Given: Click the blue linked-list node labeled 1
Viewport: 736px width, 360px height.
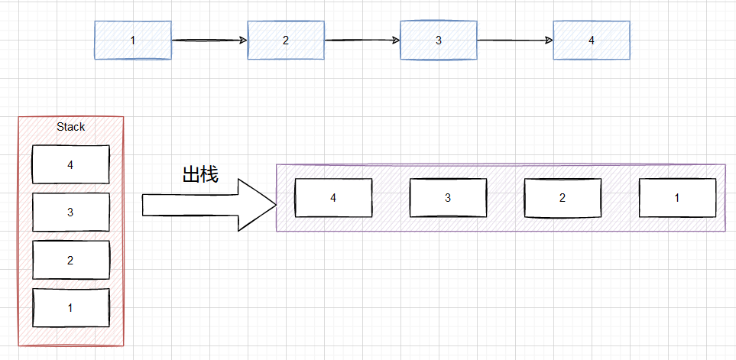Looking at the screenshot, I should (133, 40).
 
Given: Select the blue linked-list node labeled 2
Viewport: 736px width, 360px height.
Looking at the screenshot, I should (286, 40).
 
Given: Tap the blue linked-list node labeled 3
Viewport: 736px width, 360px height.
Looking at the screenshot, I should (439, 40).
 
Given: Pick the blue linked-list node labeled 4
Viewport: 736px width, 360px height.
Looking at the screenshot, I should (592, 40).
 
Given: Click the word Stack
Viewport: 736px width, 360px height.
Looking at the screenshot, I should (70, 127).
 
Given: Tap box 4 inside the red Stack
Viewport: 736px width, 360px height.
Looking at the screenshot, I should (70, 164).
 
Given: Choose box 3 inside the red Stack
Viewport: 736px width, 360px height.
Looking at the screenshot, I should (70, 212).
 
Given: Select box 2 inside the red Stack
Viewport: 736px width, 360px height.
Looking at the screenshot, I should (70, 261).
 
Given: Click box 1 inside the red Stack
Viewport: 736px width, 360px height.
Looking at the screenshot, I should (70, 307).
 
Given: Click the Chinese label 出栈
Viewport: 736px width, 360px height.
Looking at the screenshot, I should (200, 174).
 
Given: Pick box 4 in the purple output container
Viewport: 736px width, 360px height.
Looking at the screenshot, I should (333, 197).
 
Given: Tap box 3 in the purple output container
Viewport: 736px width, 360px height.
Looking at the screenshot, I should (448, 197).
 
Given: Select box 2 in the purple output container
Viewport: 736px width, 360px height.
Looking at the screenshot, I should (563, 197).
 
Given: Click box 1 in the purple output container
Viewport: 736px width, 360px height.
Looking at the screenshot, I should (677, 197).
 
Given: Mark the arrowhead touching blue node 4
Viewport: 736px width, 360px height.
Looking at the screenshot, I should (549, 40).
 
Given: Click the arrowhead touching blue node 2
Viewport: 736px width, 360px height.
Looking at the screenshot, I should (243, 40).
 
